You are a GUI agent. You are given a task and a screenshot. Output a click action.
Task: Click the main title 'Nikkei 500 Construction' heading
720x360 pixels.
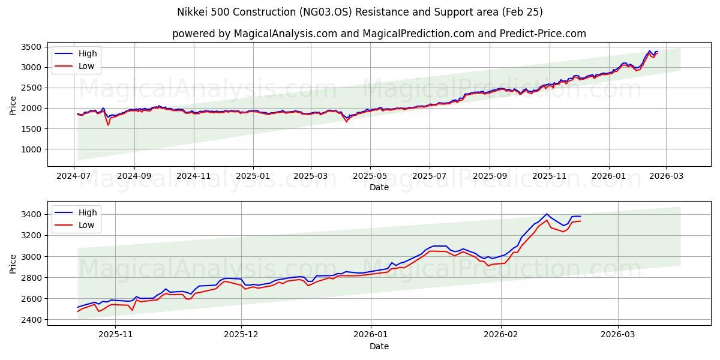(x=360, y=12)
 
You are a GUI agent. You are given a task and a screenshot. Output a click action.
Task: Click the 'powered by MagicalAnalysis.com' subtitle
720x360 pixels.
(x=379, y=34)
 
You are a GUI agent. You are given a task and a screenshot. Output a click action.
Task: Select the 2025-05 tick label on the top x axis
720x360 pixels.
(x=370, y=176)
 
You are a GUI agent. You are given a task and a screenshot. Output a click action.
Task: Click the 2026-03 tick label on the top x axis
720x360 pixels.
(x=667, y=176)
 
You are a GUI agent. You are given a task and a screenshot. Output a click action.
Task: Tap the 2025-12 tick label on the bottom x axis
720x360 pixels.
(x=241, y=334)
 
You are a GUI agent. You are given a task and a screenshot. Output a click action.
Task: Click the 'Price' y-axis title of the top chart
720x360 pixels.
(x=13, y=105)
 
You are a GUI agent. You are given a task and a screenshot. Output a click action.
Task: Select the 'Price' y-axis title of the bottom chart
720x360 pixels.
(x=13, y=263)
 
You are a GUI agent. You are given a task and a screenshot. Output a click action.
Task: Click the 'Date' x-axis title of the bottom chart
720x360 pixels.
(x=379, y=346)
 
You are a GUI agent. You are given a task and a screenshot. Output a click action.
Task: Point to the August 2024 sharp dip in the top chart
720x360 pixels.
(x=108, y=124)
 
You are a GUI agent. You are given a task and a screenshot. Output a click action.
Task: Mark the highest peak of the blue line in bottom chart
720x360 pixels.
(x=546, y=214)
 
